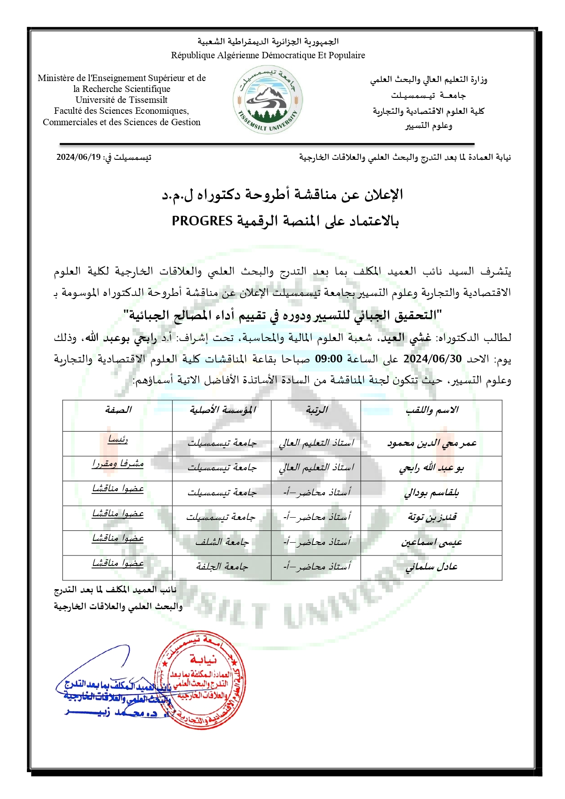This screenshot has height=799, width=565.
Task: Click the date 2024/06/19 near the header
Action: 78,157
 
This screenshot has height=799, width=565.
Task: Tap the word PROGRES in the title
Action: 202,221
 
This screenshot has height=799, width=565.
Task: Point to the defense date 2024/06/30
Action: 432,359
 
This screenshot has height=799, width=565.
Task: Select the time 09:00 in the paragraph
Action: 328,359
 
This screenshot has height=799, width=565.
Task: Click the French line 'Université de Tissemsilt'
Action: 122,100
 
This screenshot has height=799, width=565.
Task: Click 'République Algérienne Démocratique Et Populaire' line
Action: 268,55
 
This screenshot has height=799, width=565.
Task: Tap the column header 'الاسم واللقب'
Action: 432,410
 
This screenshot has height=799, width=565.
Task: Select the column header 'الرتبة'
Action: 316,410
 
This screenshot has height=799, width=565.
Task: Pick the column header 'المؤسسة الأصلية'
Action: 222,410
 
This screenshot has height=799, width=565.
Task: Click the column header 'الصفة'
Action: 118,410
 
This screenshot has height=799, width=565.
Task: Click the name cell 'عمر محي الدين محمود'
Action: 432,443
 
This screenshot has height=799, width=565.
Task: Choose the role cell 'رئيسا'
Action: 118,440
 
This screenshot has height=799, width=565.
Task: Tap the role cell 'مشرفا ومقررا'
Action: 118,464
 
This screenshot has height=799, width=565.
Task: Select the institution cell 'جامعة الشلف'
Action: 222,542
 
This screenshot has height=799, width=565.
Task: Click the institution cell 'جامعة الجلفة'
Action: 222,567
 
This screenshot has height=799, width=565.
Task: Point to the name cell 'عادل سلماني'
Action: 432,567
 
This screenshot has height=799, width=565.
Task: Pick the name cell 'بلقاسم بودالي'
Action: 432,493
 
